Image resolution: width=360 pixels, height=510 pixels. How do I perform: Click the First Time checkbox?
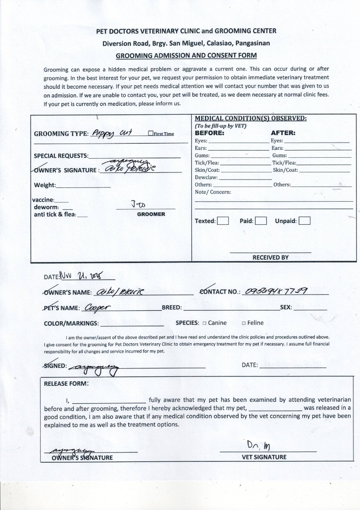pyautogui.click(x=150, y=134)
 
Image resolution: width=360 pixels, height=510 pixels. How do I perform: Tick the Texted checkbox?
pyautogui.click(x=223, y=221)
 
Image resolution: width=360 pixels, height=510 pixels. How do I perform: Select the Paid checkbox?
pyautogui.click(x=261, y=221)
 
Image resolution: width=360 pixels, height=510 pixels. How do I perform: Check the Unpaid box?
pyautogui.click(x=304, y=221)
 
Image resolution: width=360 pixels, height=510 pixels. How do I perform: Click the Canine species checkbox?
pyautogui.click(x=204, y=323)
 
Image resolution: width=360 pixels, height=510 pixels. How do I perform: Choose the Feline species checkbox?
pyautogui.click(x=243, y=323)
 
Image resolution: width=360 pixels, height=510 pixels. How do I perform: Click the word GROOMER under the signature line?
pyautogui.click(x=151, y=214)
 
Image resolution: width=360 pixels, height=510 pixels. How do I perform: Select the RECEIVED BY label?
pyautogui.click(x=270, y=257)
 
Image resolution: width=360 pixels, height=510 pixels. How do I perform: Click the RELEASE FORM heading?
pyautogui.click(x=66, y=383)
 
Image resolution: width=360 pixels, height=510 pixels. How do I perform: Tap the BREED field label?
pyautogui.click(x=171, y=307)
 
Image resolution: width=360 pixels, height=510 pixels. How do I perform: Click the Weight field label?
pyautogui.click(x=45, y=185)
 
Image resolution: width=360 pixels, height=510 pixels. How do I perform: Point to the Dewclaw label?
pyautogui.click(x=206, y=177)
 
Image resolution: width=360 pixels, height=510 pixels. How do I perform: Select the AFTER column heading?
pyautogui.click(x=283, y=133)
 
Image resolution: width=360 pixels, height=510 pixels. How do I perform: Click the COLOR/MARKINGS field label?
pyautogui.click(x=71, y=323)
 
